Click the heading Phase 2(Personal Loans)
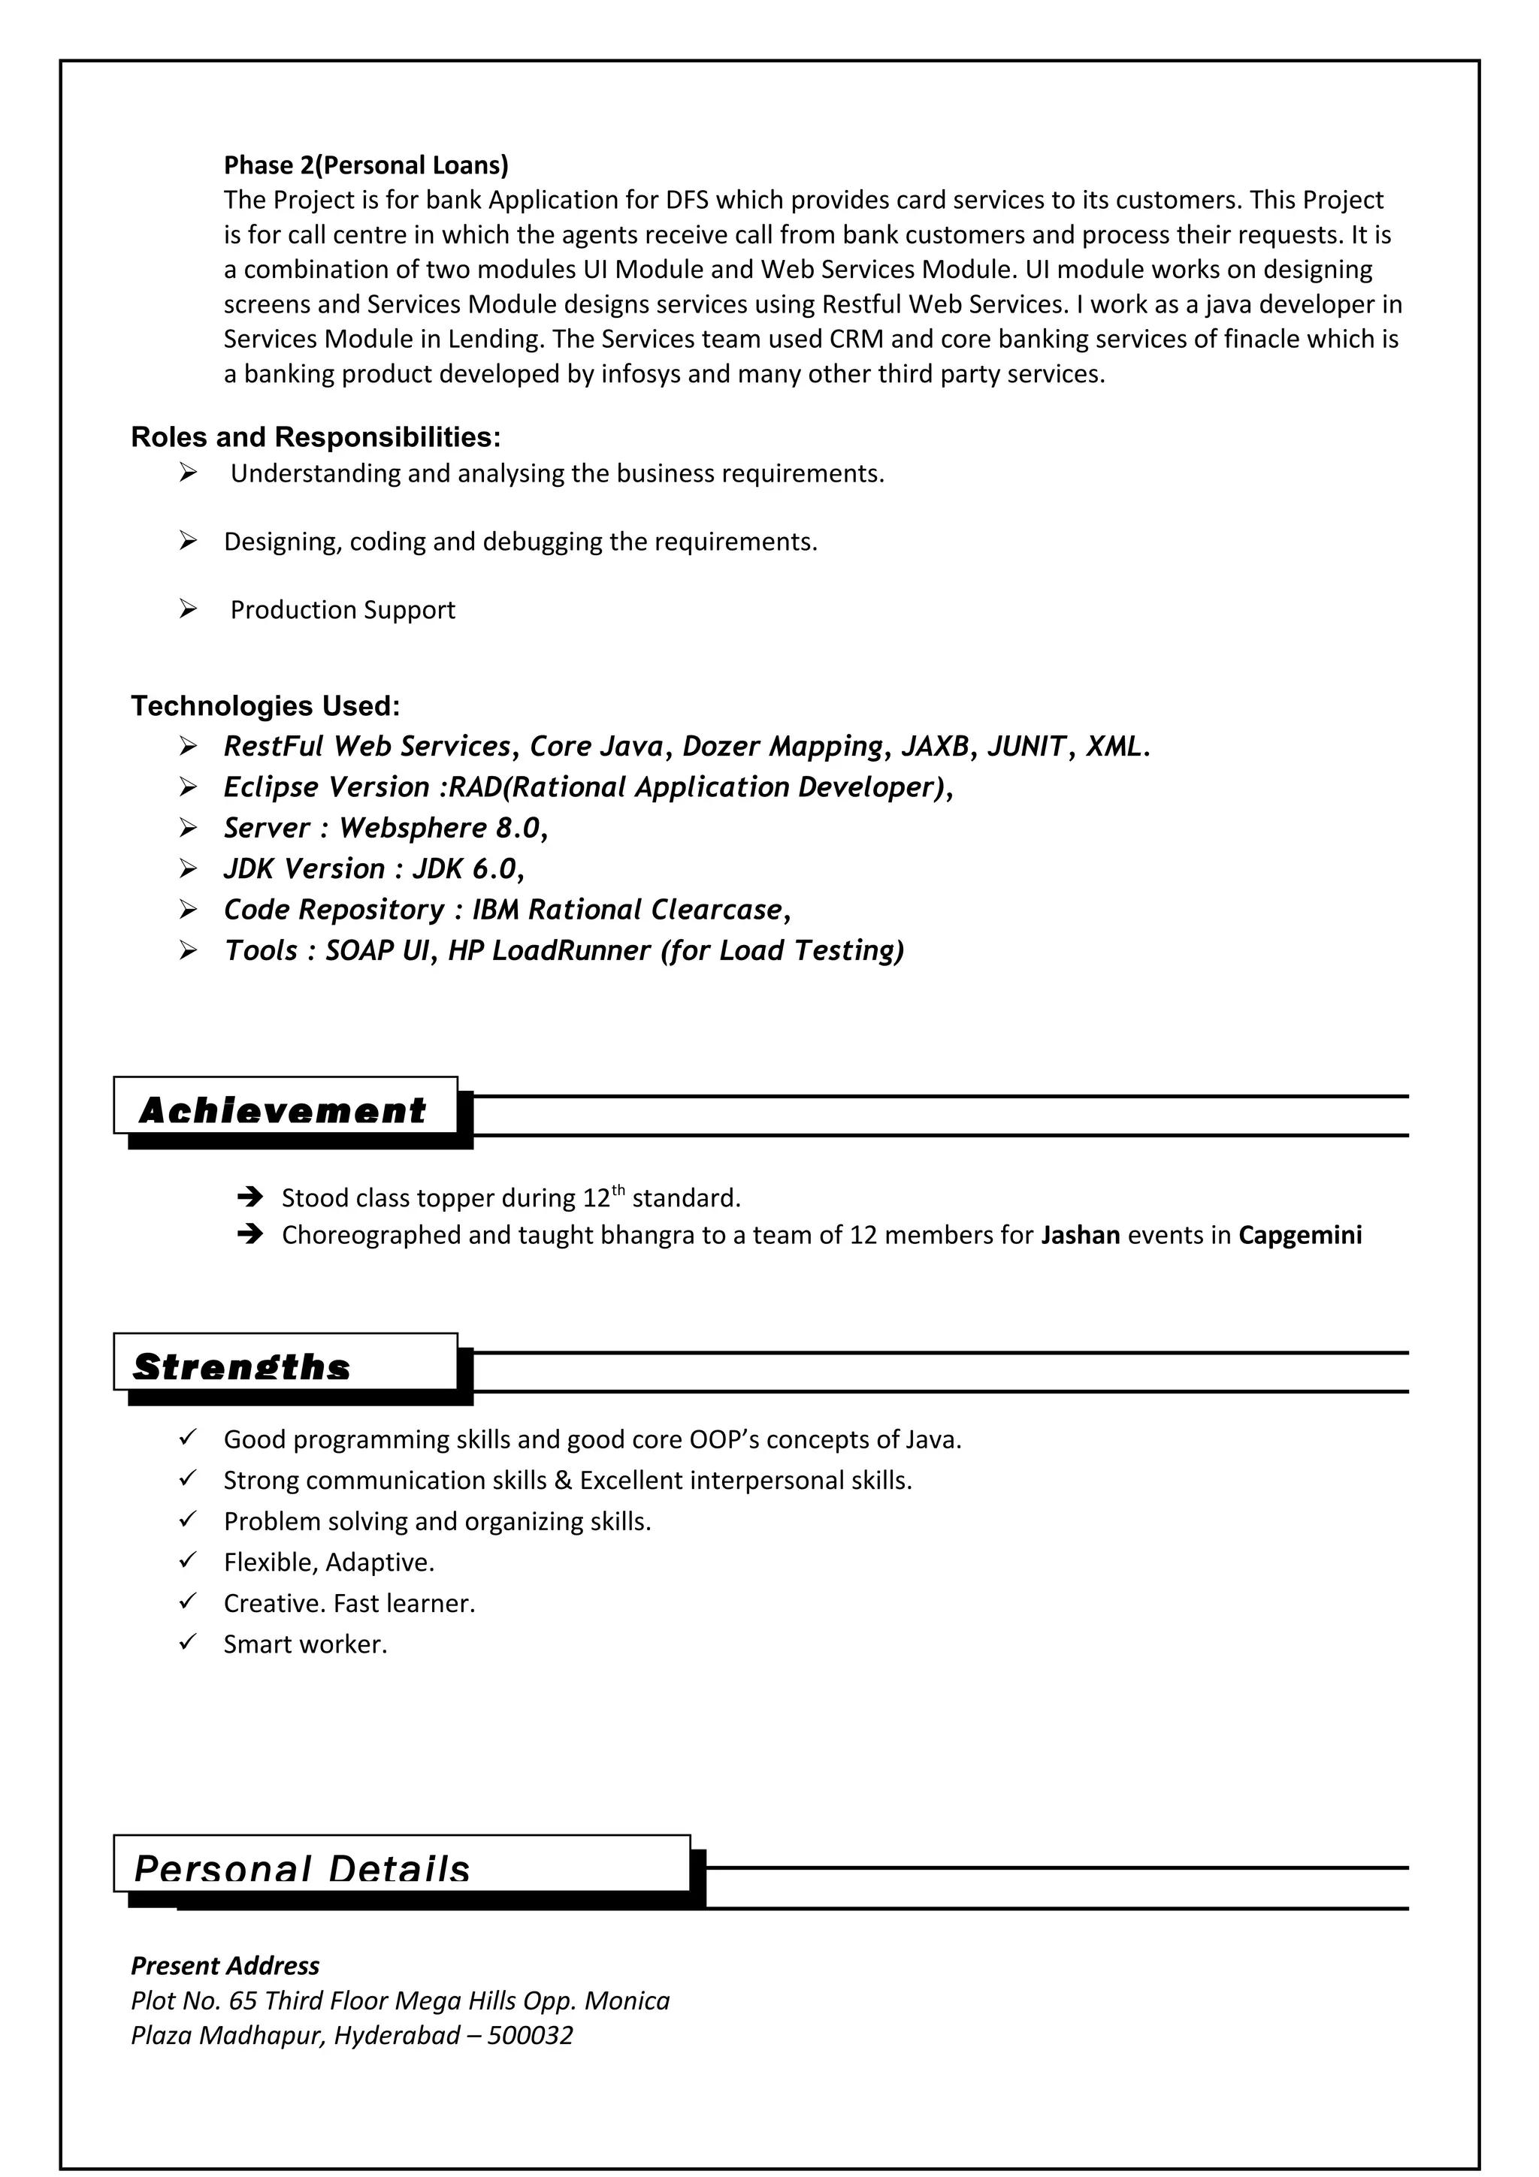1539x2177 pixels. (365, 165)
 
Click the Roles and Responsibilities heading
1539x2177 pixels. (316, 437)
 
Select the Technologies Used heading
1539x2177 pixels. (265, 705)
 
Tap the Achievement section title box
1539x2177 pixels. (285, 1107)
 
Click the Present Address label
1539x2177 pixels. (225, 1966)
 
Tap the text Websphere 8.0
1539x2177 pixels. (440, 828)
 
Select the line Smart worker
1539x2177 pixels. (305, 1644)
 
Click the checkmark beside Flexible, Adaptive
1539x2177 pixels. (188, 1561)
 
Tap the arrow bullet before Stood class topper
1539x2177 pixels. (249, 1197)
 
